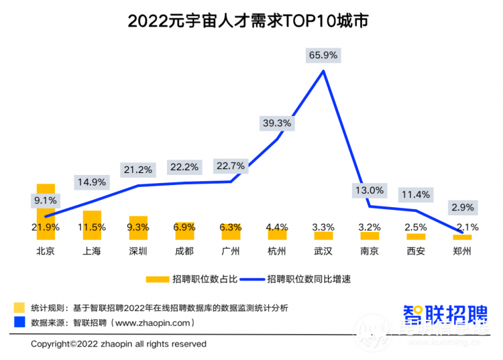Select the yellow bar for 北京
tap(46, 211)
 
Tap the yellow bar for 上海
tap(92, 225)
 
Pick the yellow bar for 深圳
tap(138, 228)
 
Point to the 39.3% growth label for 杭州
tap(276, 123)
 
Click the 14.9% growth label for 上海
tap(91, 182)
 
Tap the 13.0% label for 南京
tap(370, 190)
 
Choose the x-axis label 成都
tap(184, 252)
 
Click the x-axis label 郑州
tap(462, 252)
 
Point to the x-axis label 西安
tap(416, 252)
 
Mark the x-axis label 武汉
tap(323, 252)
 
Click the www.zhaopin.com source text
tap(154, 322)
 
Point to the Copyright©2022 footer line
tap(119, 344)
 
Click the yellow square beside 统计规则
tap(19, 308)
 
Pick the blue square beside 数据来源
tap(19, 322)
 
